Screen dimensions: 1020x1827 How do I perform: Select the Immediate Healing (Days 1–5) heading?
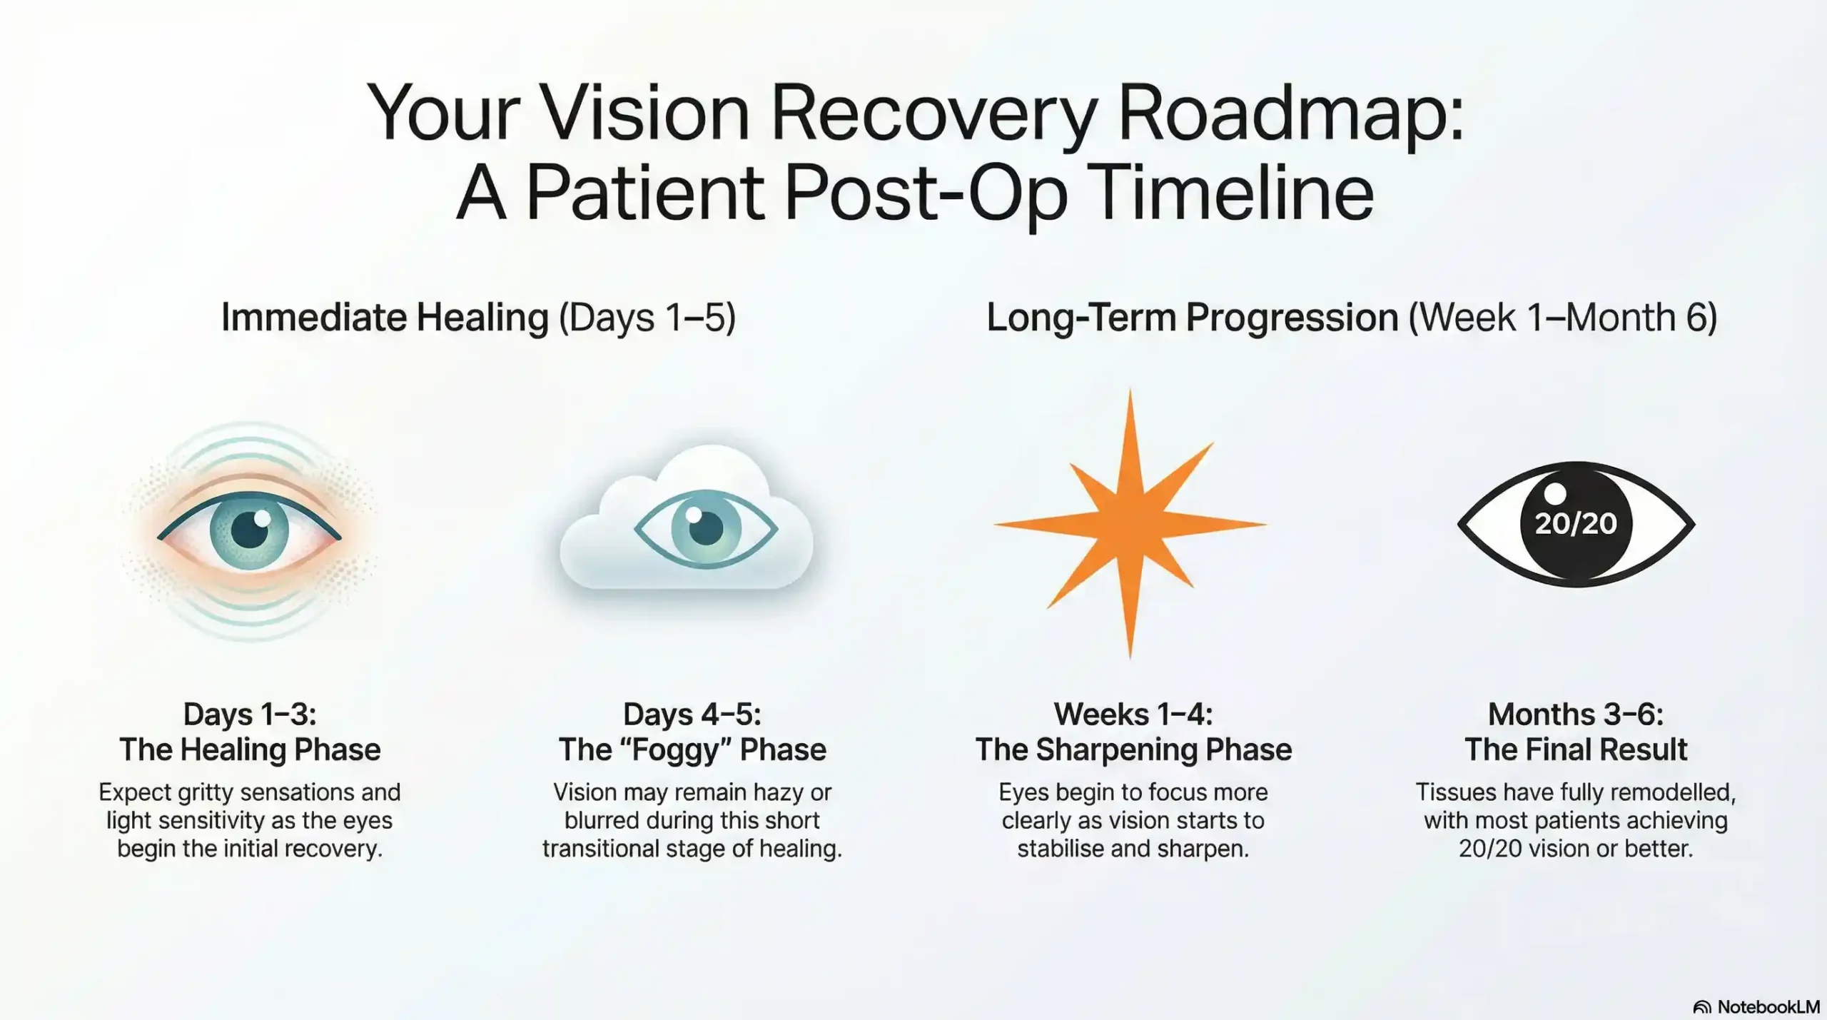478,318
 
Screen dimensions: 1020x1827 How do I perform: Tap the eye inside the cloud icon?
705,529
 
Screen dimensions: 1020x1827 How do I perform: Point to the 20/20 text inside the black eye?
1576,524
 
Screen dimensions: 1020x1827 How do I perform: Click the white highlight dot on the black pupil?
1554,493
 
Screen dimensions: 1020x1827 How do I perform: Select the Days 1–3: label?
249,714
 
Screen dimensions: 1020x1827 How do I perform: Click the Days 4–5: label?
692,714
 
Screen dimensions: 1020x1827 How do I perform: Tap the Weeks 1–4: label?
1133,714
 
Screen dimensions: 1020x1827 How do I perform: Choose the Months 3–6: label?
1575,714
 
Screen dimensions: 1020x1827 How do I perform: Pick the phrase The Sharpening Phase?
1133,750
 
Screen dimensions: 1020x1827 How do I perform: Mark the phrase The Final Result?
1575,750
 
